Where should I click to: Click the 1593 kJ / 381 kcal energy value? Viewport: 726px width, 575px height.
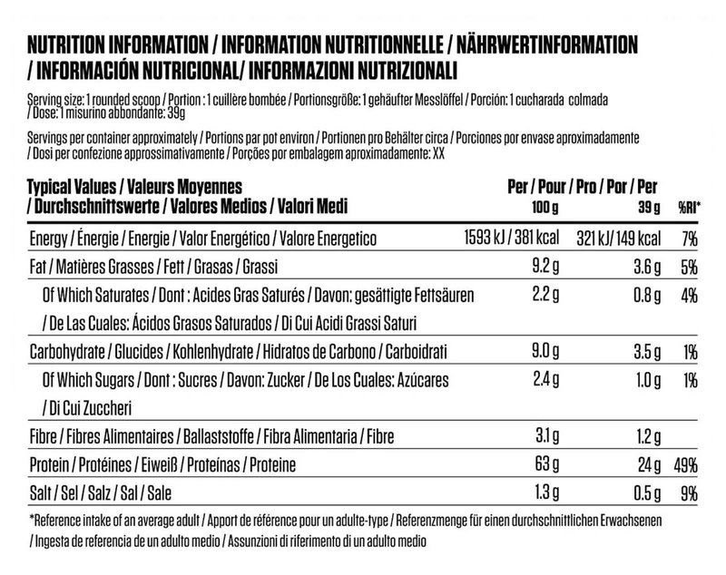509,239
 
